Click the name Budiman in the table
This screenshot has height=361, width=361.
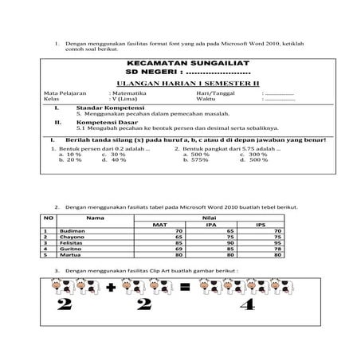74,231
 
